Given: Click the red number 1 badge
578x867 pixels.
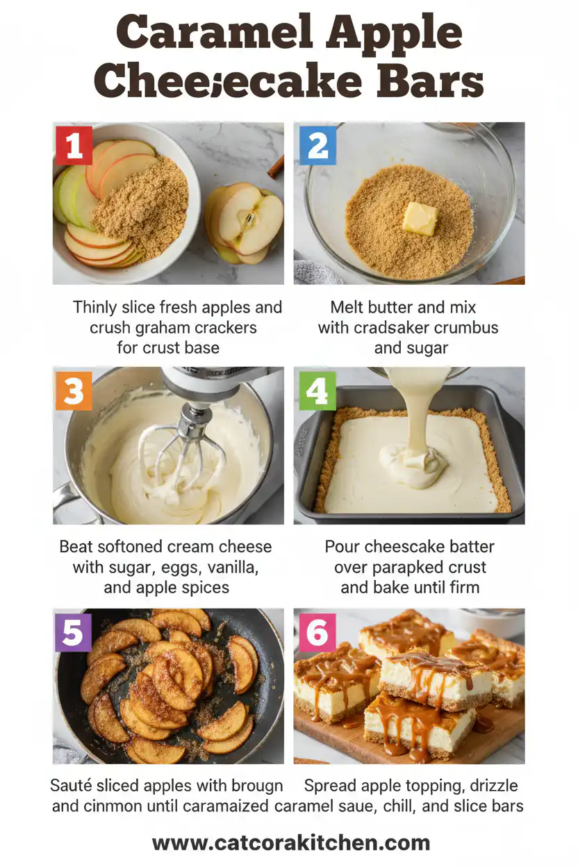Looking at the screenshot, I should click(74, 145).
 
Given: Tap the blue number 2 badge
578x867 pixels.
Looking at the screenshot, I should click(317, 145).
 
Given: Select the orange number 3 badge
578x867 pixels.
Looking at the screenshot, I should click(74, 390).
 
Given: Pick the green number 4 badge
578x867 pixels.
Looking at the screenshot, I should click(317, 390).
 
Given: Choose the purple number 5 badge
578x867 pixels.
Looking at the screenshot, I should click(74, 632).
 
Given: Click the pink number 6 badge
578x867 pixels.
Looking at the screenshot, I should click(317, 632).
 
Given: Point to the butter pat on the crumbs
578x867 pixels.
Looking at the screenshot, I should click(420, 218).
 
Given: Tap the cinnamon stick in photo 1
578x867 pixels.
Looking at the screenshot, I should click(276, 167).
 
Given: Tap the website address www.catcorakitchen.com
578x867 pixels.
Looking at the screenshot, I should click(291, 843).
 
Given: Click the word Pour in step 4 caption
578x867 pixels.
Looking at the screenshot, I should click(341, 547).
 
